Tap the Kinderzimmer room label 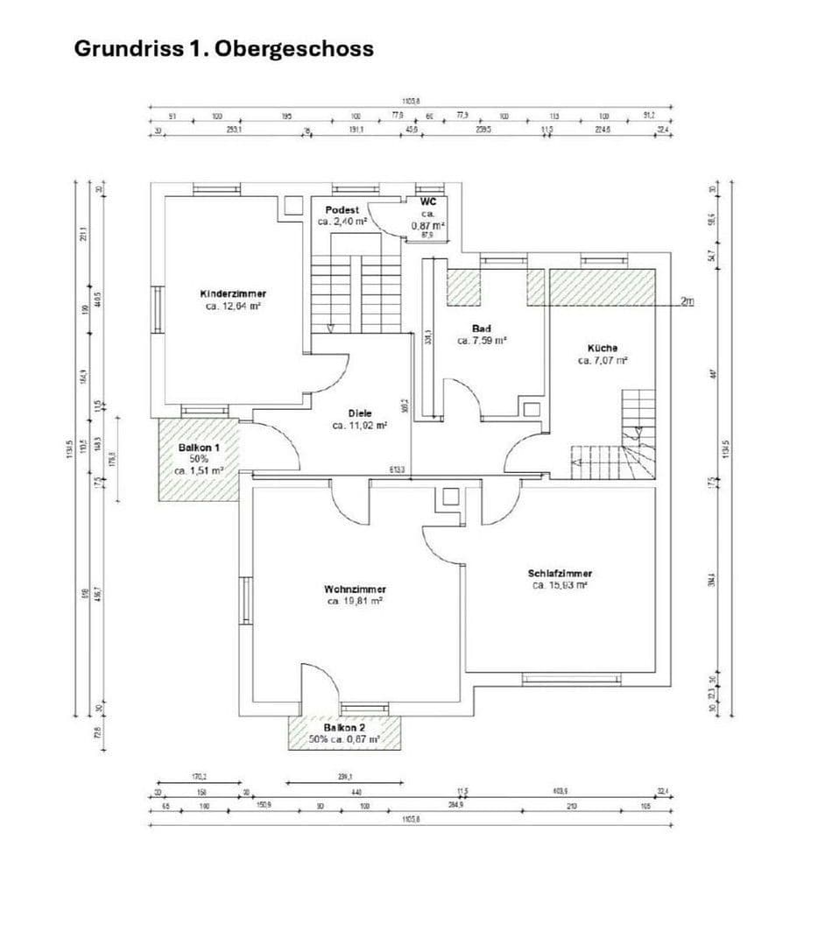click(233, 293)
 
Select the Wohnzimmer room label click(355, 589)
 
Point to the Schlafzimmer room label click(560, 574)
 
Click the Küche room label click(603, 348)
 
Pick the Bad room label click(481, 328)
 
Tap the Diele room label click(359, 413)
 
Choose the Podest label click(342, 210)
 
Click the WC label click(428, 201)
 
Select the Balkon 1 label click(200, 447)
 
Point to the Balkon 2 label click(344, 728)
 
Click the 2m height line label click(687, 302)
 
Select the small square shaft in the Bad click(532, 409)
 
